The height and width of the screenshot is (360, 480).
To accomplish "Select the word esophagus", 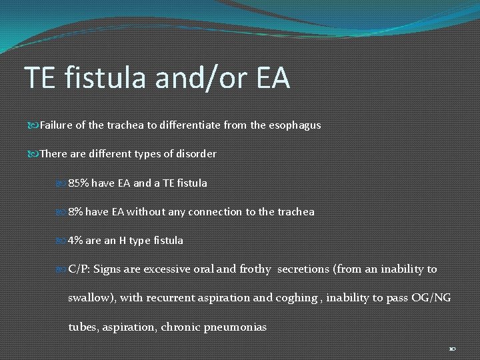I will (x=295, y=125).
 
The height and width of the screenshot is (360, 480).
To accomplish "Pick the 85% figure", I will (x=79, y=182).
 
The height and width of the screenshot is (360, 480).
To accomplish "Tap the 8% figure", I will (x=77, y=211).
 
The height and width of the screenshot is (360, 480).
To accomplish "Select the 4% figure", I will (x=77, y=240).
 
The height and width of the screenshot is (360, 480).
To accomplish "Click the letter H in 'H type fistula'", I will (x=124, y=240).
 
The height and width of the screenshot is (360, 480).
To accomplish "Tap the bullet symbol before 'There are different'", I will (x=35, y=154).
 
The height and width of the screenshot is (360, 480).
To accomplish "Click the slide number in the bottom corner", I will (x=452, y=348).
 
